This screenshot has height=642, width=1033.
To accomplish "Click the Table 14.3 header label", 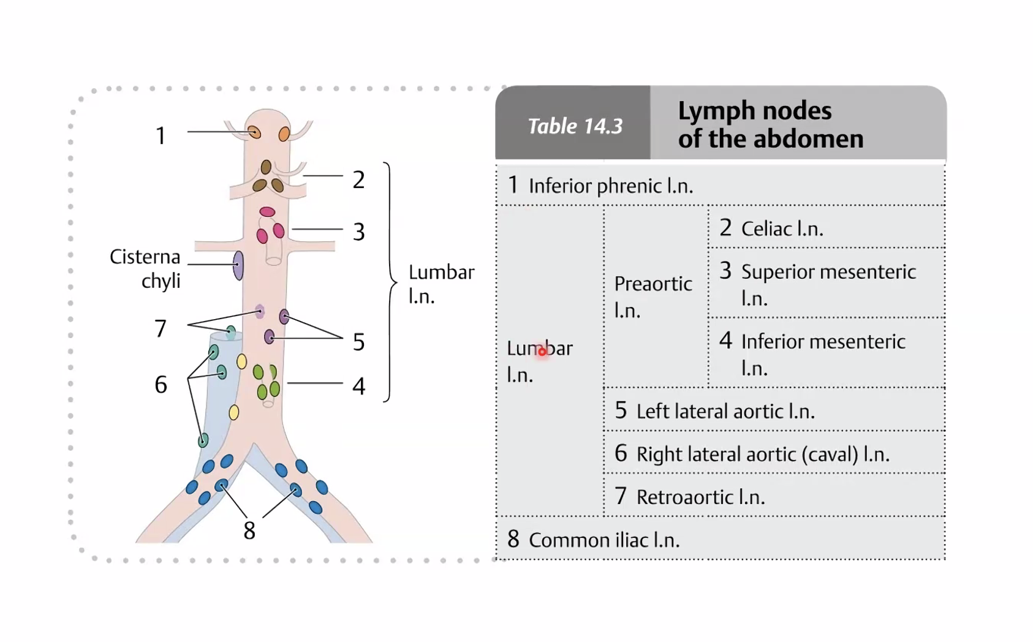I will point(575,126).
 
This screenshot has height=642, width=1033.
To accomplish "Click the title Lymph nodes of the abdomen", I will point(770,124).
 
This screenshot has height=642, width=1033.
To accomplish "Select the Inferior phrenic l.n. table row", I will point(611,186).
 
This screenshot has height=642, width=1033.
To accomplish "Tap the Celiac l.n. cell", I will point(782,228).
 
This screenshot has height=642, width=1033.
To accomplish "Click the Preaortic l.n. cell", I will point(653,296).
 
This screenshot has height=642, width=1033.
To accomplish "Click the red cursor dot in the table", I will point(542,352).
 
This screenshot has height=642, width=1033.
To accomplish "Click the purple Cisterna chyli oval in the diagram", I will point(238,265).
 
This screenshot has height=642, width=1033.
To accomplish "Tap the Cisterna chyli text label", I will point(146,268).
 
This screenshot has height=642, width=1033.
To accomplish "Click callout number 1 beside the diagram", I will point(161,135).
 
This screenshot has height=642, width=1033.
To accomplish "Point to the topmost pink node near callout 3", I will point(267,212).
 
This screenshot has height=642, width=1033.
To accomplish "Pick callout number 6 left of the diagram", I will point(161,385).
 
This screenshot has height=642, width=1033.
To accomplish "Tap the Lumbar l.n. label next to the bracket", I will point(441,284).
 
